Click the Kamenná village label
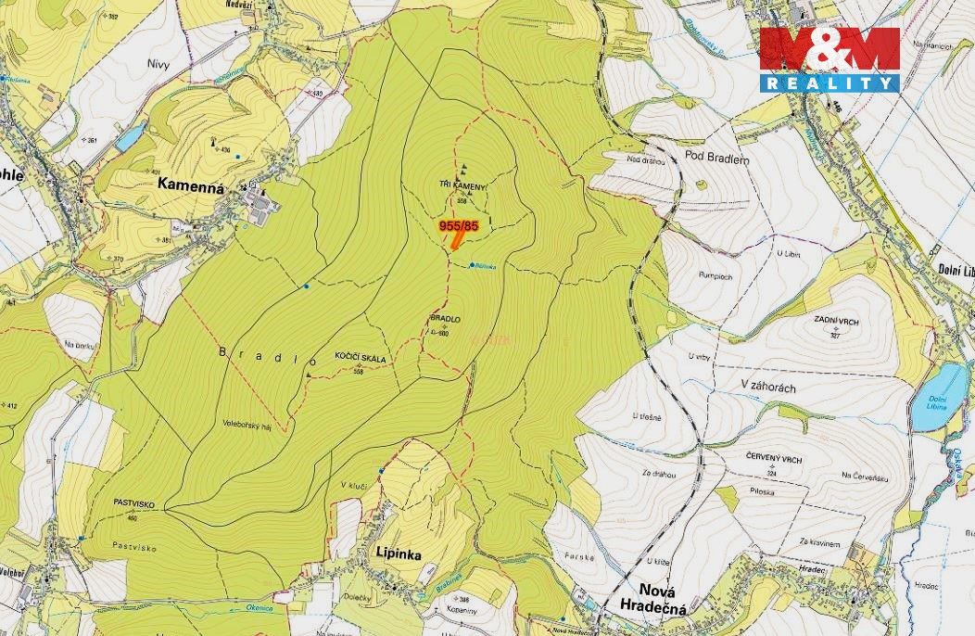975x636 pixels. click(191, 184)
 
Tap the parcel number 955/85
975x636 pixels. click(458, 225)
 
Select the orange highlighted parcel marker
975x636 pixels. click(457, 241)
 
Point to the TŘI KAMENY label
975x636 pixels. click(462, 185)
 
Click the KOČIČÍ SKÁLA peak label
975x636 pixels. click(360, 357)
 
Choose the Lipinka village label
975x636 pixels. click(399, 553)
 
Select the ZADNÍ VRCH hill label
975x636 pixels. click(834, 318)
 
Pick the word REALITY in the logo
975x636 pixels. click(829, 83)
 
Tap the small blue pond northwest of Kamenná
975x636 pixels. click(130, 137)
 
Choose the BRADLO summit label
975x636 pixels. click(445, 319)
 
